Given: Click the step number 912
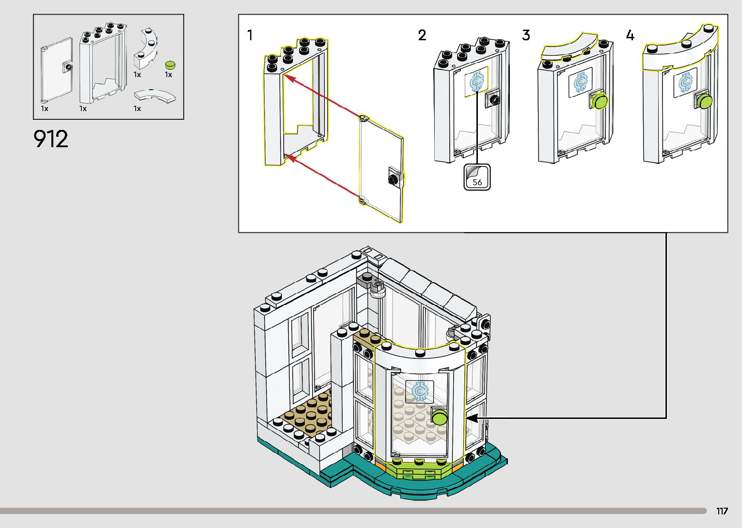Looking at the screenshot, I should point(51,139).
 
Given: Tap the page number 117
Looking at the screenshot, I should point(722,511).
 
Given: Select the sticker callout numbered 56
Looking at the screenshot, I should point(477,177).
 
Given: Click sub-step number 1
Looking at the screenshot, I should point(250,35).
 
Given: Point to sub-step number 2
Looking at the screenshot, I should point(422,35).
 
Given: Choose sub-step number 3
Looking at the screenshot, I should point(526,35).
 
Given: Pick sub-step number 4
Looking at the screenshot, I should point(630,35).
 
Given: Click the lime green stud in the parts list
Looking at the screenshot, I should point(170,64).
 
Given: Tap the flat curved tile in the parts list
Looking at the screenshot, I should point(155,96).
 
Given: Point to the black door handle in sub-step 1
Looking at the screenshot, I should point(392,179).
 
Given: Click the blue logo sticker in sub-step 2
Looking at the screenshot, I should point(477,82).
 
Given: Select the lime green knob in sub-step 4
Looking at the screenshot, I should point(705,101).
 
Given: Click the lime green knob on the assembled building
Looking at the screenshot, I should point(440,417).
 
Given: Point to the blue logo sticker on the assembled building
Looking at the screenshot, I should point(420,391).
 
